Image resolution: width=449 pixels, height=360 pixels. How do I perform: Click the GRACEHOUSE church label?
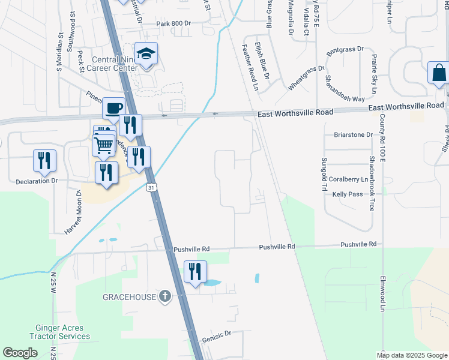130,297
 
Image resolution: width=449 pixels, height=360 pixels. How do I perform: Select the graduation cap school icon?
146,55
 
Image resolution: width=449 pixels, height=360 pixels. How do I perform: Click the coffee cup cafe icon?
113,109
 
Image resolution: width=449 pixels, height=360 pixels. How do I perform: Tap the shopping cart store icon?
104,145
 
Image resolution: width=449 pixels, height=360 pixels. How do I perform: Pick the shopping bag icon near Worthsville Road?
438,73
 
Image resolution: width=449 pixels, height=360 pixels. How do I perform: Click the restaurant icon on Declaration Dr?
44,160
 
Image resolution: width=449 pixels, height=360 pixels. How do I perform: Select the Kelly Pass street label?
348,194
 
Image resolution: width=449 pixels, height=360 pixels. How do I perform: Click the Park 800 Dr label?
173,23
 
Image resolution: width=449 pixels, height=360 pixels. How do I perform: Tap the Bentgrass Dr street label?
346,49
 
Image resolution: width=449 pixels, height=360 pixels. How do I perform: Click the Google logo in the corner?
20,353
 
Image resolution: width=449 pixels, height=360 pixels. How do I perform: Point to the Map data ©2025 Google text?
411,355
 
